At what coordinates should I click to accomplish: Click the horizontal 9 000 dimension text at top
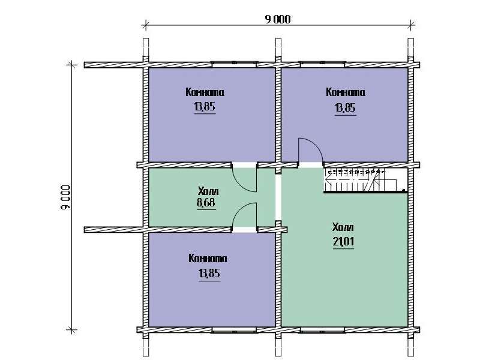tap(278, 20)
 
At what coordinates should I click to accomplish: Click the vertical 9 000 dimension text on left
tap(65, 197)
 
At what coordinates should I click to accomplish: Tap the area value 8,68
tap(206, 203)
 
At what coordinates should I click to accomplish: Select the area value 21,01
tap(343, 242)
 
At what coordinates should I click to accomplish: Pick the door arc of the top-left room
tap(244, 179)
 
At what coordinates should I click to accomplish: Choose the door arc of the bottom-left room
tap(244, 215)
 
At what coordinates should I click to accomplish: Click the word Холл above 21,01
tap(343, 227)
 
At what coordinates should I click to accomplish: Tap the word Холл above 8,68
tap(208, 191)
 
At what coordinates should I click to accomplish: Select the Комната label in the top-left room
tap(205, 92)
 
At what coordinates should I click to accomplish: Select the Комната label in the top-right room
tap(346, 92)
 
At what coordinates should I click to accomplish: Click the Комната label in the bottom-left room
tap(208, 259)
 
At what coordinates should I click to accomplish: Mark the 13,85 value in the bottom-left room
tap(209, 273)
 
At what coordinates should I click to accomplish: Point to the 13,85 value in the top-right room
tap(346, 107)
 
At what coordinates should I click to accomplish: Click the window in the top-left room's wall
tap(234, 64)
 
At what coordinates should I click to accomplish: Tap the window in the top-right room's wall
tap(322, 64)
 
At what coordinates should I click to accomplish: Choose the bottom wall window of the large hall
tap(322, 329)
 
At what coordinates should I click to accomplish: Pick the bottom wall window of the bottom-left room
tap(234, 329)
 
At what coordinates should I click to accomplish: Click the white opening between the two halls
tap(278, 197)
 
